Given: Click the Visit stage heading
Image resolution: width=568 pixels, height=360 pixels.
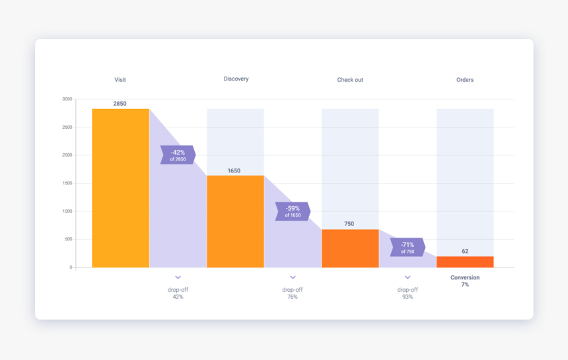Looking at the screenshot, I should pos(120,80).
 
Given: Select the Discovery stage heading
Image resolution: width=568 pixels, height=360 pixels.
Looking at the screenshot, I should pos(236,79).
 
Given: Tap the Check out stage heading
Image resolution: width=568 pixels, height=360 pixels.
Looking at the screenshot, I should pos(350,80).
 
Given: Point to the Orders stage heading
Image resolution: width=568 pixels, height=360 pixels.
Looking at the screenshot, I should pos(465,80).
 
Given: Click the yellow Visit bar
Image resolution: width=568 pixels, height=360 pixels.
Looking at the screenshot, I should pos(120,188).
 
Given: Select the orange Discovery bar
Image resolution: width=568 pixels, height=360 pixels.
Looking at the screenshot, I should pos(235,221).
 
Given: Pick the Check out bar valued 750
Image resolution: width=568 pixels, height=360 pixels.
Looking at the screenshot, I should pos(350,248).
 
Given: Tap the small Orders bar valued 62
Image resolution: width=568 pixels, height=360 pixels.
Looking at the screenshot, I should pos(465,262).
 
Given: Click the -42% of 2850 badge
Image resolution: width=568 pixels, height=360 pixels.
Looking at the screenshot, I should pos(178,155).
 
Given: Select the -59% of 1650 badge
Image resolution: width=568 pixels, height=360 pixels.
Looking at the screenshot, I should pos(293,211).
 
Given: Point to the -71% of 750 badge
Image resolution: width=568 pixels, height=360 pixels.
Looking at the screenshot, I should pos(408,248).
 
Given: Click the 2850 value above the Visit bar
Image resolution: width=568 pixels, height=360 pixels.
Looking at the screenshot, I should pos(120,104).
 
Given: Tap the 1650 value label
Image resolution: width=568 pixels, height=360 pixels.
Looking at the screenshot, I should pos(234,171).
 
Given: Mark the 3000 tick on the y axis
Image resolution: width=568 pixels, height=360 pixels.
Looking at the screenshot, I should pos(67,99).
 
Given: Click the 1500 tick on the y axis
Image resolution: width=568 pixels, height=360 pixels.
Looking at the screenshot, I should pos(67,184).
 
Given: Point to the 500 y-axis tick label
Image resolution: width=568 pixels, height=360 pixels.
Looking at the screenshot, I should pos(69,239).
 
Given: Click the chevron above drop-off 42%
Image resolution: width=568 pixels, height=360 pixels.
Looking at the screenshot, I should pos(178,277).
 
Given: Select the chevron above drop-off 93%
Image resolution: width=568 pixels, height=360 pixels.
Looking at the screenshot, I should pos(408,277).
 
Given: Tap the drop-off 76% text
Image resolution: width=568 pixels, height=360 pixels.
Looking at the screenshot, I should pos(293,293).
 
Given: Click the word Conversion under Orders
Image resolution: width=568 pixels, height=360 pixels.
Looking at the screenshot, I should pos(465,277).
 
